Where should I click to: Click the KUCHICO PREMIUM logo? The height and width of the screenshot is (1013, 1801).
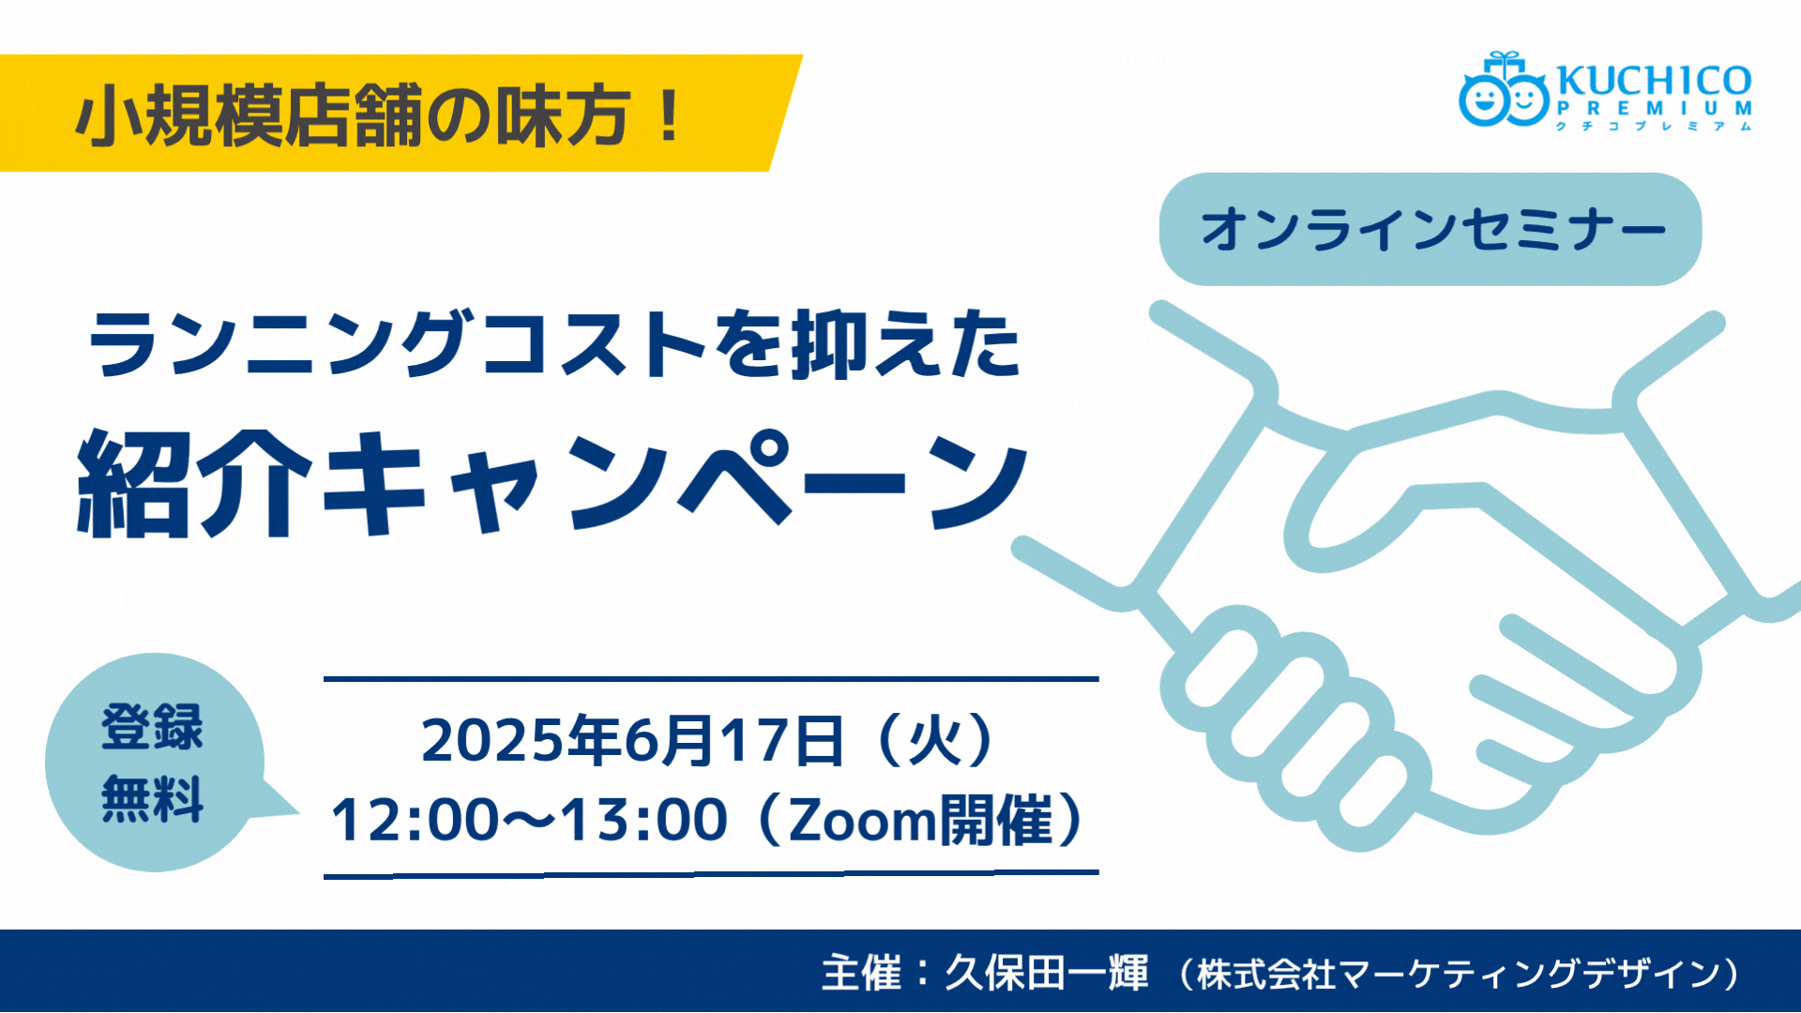[x=1605, y=91]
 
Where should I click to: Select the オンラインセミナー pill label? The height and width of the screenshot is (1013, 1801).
[x=1430, y=229]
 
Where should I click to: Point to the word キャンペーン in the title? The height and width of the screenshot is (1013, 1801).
[x=675, y=483]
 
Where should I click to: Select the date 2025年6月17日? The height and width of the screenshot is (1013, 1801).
[x=633, y=740]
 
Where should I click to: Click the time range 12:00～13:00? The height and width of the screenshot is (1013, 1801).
[x=529, y=819]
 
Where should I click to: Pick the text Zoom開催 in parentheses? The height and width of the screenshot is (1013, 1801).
[x=921, y=819]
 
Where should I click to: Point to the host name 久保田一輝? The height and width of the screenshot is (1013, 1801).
[x=1046, y=973]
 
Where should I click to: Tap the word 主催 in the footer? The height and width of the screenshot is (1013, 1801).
[x=861, y=973]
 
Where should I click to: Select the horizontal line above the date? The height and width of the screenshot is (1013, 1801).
[x=711, y=678]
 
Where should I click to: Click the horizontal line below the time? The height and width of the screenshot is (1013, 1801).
[x=711, y=874]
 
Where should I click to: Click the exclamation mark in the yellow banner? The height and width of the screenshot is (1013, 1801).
[x=669, y=114]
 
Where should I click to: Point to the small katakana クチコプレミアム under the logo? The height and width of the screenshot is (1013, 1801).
[x=1654, y=126]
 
